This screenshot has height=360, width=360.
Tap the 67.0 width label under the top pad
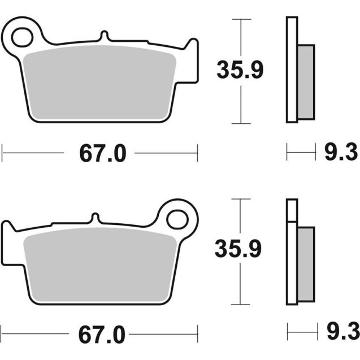point(99,153)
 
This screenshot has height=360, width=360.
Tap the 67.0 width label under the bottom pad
point(99,333)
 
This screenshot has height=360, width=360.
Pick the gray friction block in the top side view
point(306,82)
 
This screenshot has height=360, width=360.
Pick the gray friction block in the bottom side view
point(306,263)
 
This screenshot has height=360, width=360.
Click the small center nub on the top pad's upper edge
point(104,36)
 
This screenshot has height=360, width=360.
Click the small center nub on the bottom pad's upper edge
point(96,217)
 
